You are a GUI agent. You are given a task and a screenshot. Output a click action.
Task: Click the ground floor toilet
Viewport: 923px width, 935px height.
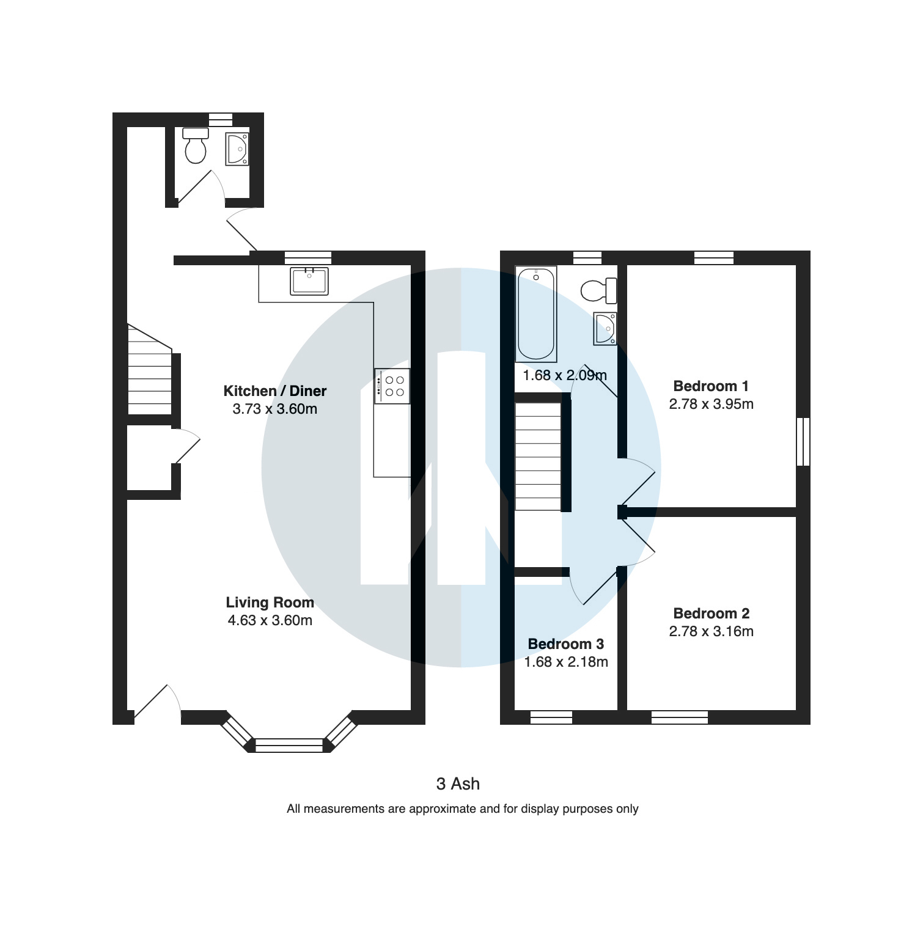coord(196,145)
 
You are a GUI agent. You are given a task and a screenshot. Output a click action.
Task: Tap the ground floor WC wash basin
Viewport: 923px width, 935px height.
coord(237,149)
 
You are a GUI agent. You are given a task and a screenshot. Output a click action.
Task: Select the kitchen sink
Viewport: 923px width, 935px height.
coord(309,281)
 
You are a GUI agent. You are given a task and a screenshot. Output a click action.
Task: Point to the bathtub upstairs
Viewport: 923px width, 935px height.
coord(537,314)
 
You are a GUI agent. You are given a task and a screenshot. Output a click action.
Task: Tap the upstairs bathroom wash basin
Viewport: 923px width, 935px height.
coord(605,328)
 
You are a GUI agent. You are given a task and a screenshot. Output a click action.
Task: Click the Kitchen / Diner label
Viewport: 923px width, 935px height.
coord(275,391)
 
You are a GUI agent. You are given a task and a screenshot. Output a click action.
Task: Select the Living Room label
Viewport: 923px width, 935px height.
coord(270,603)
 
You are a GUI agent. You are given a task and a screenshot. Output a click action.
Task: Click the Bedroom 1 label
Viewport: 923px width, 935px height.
coord(711,386)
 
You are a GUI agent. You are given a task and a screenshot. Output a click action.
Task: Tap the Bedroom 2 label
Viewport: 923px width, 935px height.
coord(712,614)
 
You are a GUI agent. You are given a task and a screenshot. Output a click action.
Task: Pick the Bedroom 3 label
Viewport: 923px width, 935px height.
coord(566,644)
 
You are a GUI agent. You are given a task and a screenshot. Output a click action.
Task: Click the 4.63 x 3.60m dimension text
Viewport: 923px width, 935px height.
coord(270,621)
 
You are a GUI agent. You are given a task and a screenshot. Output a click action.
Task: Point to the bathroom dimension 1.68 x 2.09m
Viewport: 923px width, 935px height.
coord(565,375)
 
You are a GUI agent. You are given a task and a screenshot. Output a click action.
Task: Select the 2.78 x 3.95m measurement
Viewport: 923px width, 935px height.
coord(712,404)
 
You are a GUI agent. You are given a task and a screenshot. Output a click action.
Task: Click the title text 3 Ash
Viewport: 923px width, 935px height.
coord(458,784)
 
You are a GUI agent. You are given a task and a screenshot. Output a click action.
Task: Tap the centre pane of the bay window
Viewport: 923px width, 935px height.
coord(289,745)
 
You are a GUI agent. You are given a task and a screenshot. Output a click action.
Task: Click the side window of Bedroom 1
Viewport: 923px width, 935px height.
coord(804,442)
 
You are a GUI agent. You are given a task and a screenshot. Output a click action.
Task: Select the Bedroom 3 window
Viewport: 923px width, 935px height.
coord(551,717)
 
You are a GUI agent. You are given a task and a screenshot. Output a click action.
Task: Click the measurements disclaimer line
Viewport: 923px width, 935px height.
coord(463,809)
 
